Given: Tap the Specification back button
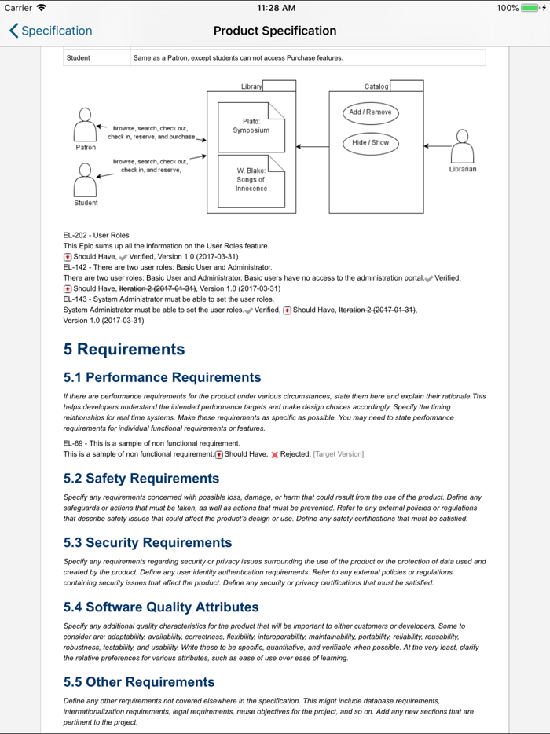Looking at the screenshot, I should click(x=51, y=31).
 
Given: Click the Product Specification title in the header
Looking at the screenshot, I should click(x=275, y=31).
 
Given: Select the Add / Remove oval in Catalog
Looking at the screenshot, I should click(x=370, y=112).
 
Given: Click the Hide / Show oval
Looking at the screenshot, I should click(x=370, y=143).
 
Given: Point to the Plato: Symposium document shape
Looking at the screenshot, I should click(x=251, y=127).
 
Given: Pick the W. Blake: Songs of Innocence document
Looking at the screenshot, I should click(x=251, y=180).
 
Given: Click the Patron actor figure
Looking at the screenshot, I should click(x=85, y=126).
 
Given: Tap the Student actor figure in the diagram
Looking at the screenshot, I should click(x=85, y=180).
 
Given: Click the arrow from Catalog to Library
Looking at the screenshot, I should click(x=313, y=146).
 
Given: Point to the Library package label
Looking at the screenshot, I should click(x=251, y=86).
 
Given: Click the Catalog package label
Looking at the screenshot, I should click(x=376, y=86).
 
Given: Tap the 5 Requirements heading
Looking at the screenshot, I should click(x=124, y=350).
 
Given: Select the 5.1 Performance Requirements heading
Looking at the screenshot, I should click(x=162, y=378).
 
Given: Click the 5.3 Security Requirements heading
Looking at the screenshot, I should click(x=148, y=543).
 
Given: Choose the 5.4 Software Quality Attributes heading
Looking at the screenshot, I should click(x=161, y=607).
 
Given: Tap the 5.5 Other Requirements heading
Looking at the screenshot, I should click(x=138, y=682).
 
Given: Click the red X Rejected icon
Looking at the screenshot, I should click(x=275, y=454).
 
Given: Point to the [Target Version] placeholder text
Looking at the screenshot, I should click(x=339, y=454).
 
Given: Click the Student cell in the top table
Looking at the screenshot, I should click(x=79, y=58).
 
